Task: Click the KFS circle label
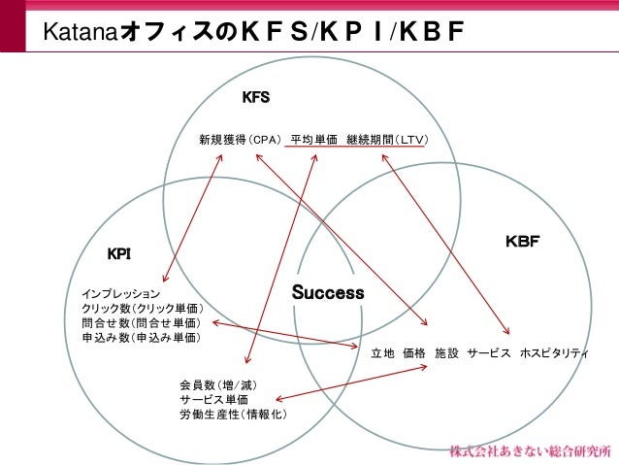(x=256, y=97)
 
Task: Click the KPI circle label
(x=118, y=254)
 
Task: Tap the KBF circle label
(x=522, y=241)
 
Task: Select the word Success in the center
(x=328, y=292)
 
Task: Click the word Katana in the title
(x=81, y=31)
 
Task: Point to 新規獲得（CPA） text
(x=240, y=140)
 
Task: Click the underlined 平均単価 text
(x=314, y=140)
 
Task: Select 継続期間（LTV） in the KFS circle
(x=387, y=140)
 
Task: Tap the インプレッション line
(x=121, y=294)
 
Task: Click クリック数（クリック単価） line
(x=143, y=308)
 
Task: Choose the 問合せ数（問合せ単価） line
(x=142, y=322)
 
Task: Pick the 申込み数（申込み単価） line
(x=142, y=338)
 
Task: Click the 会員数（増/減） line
(x=218, y=384)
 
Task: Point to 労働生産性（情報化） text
(x=233, y=415)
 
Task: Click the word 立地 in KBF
(x=382, y=352)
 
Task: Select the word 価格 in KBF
(x=414, y=352)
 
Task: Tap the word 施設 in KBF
(x=446, y=352)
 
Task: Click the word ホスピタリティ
(x=554, y=352)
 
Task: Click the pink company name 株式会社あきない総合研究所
(x=531, y=451)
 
